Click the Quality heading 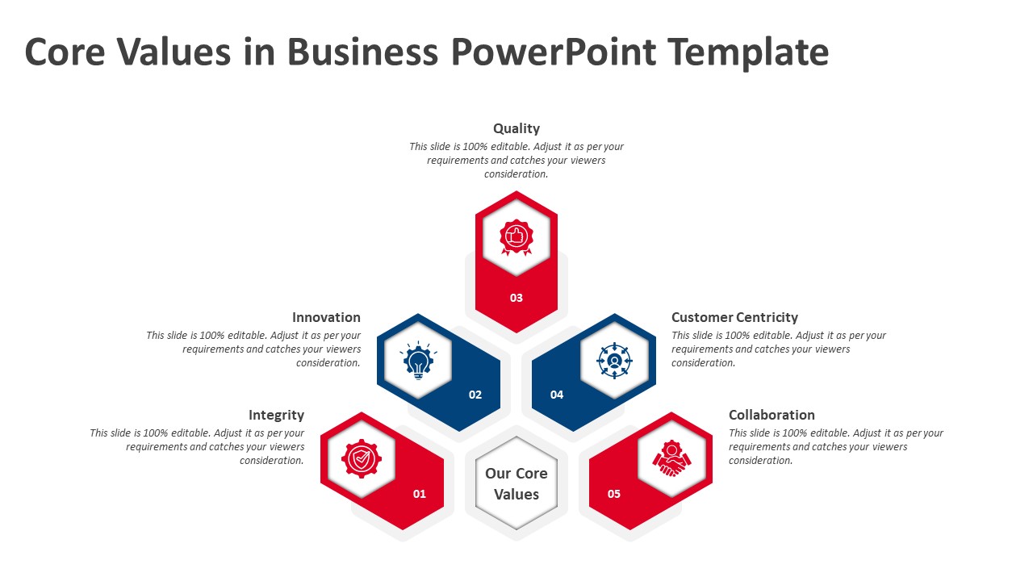(516, 128)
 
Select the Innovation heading (326, 317)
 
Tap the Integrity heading (276, 415)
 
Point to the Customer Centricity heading (734, 317)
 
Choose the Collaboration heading (772, 415)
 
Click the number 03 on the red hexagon (516, 298)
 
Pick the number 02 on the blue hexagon (475, 395)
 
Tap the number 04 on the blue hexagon (557, 395)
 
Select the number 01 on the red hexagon (420, 494)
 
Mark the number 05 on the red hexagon (614, 494)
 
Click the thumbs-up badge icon (516, 237)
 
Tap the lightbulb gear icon (417, 361)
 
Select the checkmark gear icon (362, 459)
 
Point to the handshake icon (671, 459)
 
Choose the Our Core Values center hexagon (516, 483)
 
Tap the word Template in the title (747, 52)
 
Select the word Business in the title (362, 52)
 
